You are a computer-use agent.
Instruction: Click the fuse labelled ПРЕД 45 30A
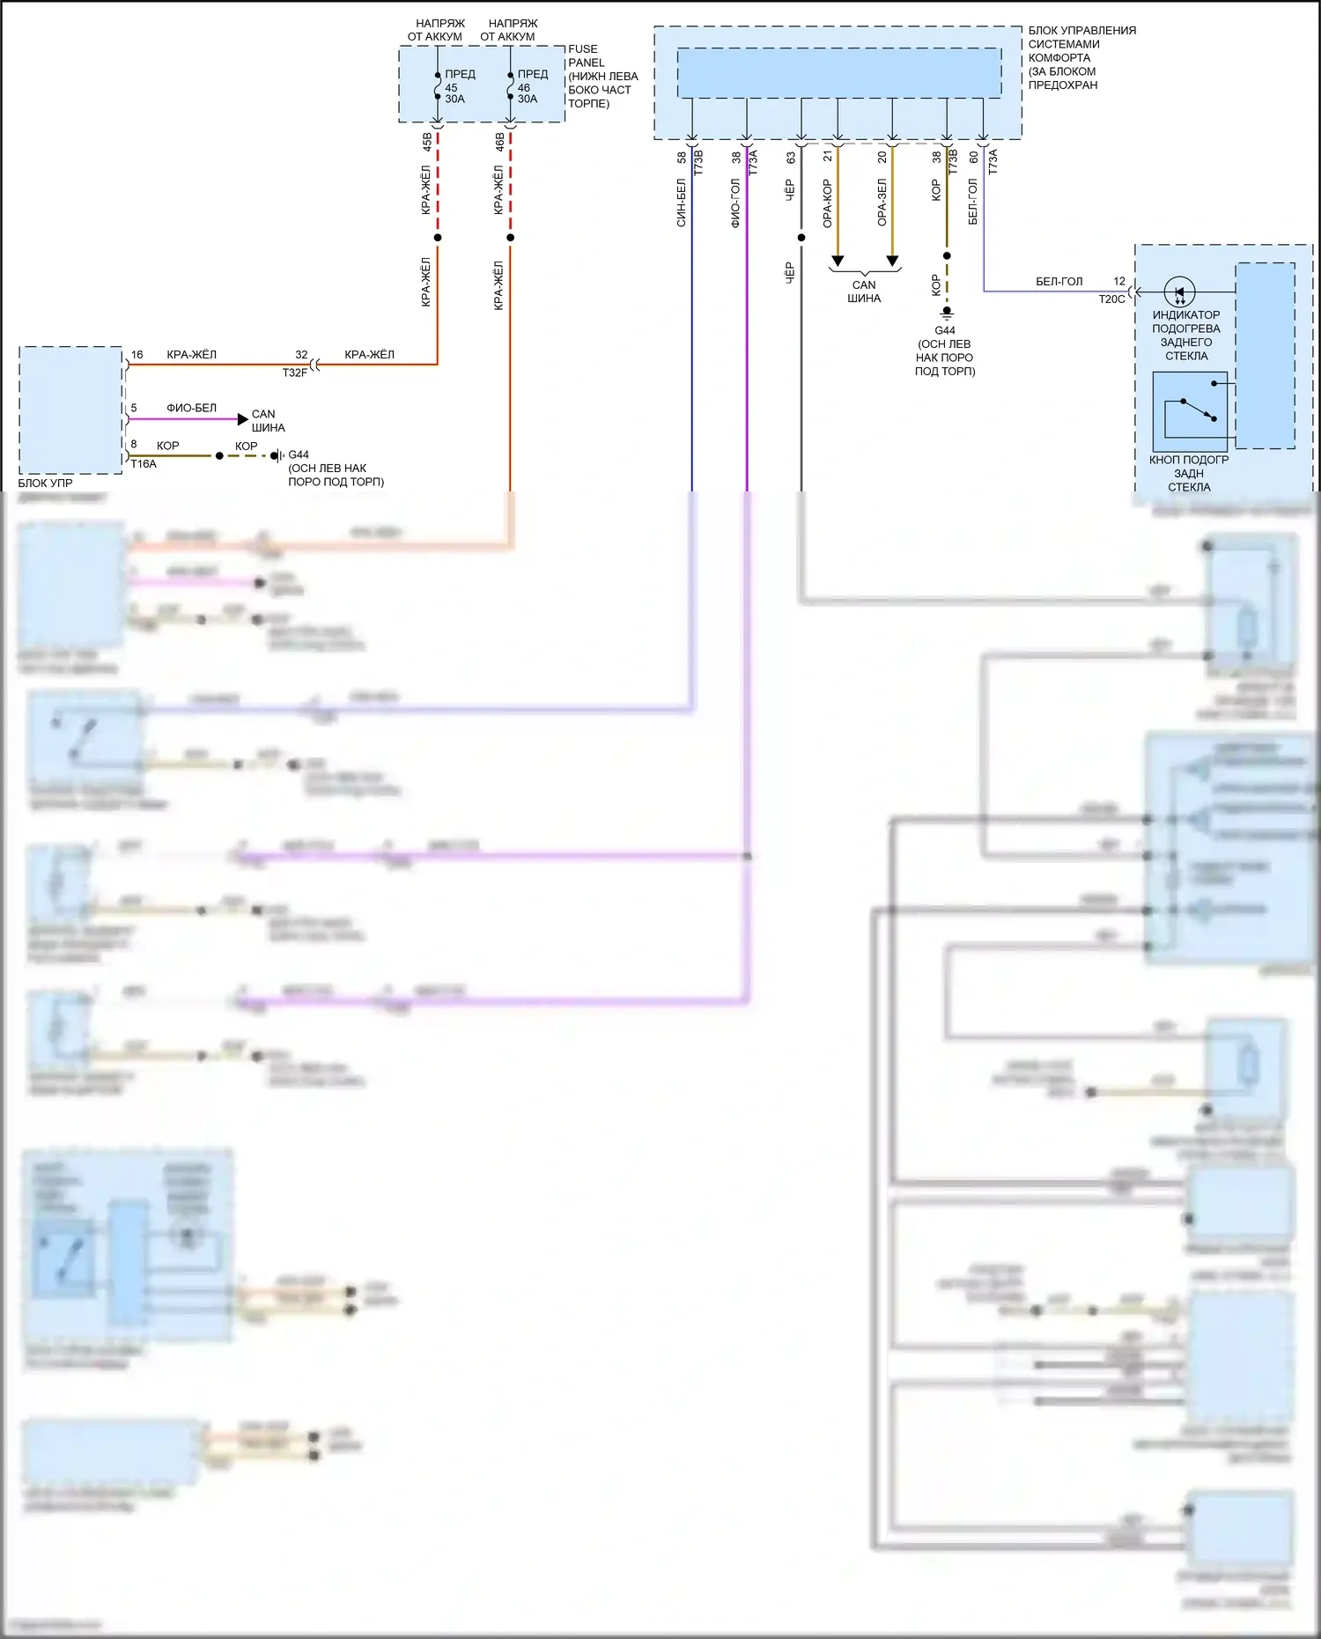(x=438, y=86)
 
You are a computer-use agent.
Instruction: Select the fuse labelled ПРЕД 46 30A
(x=511, y=86)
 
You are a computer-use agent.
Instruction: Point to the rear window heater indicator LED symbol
(x=1179, y=292)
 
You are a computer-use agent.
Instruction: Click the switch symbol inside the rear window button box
(x=1190, y=410)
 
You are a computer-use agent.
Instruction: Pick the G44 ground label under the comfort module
(x=945, y=330)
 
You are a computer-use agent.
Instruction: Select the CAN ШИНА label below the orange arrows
(x=864, y=292)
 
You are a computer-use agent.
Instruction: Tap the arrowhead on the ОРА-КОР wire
(x=838, y=261)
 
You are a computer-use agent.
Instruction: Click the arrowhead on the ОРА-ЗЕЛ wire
(x=892, y=261)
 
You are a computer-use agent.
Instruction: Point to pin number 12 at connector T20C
(x=1119, y=282)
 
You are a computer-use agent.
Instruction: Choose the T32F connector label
(x=294, y=373)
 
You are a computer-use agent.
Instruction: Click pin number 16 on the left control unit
(x=137, y=355)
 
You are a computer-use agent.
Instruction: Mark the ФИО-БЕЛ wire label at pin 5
(x=191, y=408)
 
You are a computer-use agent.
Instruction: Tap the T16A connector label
(x=144, y=464)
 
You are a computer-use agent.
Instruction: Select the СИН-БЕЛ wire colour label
(x=681, y=203)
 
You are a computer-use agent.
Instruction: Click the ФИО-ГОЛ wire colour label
(x=735, y=203)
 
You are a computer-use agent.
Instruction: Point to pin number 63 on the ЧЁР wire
(x=791, y=158)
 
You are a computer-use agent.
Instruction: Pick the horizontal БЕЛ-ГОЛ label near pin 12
(x=1059, y=282)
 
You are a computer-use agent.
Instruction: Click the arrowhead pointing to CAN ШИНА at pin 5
(x=243, y=419)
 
